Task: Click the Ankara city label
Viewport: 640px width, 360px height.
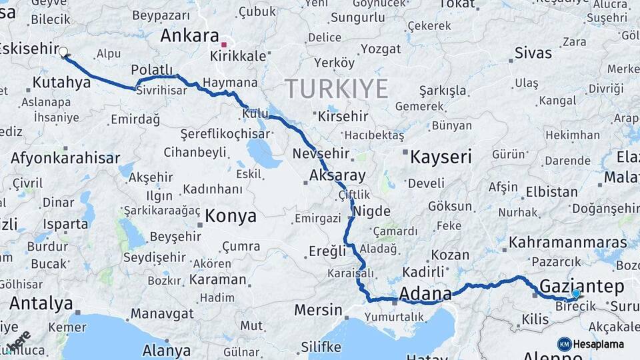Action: pos(189,36)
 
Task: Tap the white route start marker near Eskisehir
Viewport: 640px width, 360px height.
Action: pos(63,51)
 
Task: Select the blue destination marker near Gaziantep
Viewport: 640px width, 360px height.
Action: pos(576,293)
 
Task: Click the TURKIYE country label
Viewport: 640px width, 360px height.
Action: pos(337,88)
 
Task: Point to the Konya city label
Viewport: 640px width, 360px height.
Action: pos(231,216)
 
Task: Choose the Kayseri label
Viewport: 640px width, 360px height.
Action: pos(441,157)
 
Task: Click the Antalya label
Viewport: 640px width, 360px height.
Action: pos(41,303)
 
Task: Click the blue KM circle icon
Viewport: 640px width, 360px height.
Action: pos(564,344)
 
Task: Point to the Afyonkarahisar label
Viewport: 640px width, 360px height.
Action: pos(65,158)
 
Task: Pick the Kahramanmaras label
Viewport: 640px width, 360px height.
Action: pos(568,241)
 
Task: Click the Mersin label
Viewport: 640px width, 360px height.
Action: pos(318,310)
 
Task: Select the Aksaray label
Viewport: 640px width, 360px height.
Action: pos(338,175)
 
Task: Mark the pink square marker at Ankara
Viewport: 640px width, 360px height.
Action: pos(225,45)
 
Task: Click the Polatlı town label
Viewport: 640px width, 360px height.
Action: pos(152,70)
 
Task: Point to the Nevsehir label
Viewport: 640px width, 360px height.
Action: pos(321,153)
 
